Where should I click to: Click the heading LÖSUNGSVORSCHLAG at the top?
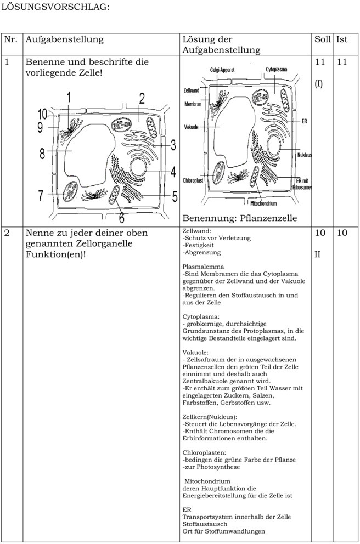pos(55,7)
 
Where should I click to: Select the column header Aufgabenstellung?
pos(64,39)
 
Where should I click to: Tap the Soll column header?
pos(322,39)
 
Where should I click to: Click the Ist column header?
pos(341,39)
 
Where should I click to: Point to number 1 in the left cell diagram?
pos(69,98)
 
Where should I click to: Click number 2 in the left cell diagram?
pos(142,99)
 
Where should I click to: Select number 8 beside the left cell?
pos(42,154)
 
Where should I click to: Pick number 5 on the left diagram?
pos(174,195)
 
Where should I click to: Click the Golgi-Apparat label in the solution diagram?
pos(222,70)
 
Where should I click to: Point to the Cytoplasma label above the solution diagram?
pos(276,70)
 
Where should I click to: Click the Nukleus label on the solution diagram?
pos(304,155)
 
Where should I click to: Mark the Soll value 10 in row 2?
pos(320,233)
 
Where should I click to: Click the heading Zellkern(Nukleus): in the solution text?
pos(210,416)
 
